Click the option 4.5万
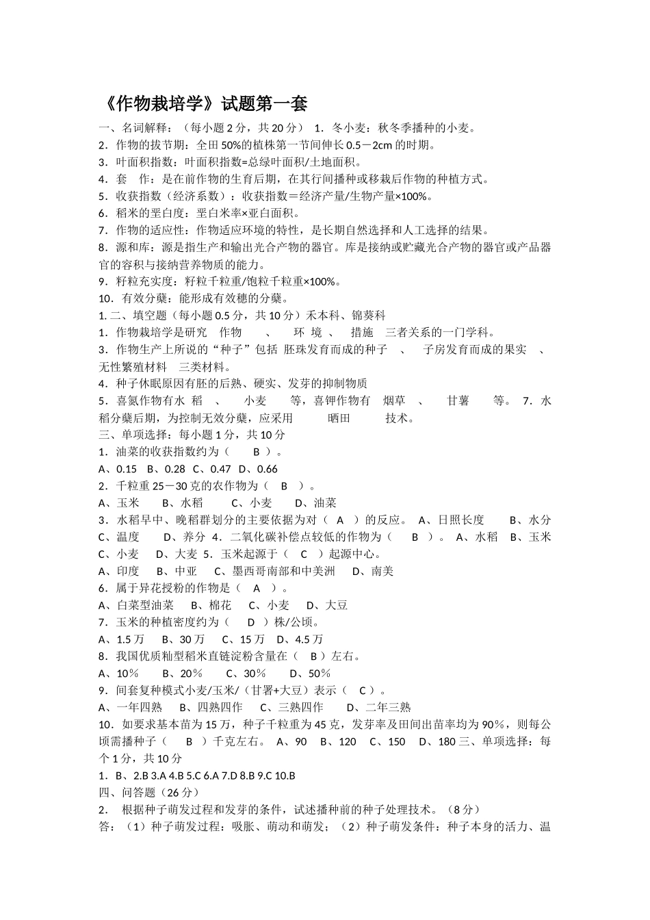309,639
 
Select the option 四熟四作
219,707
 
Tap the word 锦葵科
369,316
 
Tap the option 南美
382,571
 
